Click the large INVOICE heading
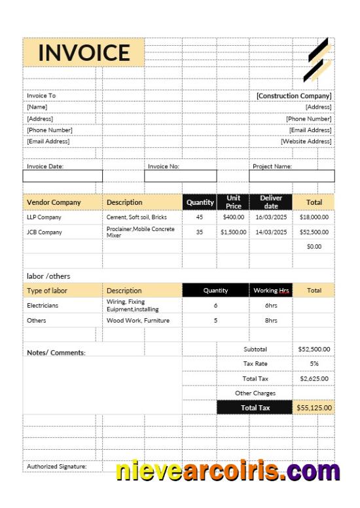[x=84, y=52]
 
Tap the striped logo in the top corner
[x=318, y=60]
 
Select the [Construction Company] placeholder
[x=294, y=96]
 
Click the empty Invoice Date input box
[x=63, y=176]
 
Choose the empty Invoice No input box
[x=181, y=176]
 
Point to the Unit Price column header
[x=234, y=202]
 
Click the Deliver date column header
[x=271, y=202]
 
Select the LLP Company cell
[x=45, y=217]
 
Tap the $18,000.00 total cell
[x=314, y=217]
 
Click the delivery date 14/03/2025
[x=271, y=232]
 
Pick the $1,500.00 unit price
[x=234, y=232]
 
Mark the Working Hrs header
[x=271, y=290]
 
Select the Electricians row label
[x=43, y=305]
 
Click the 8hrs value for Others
[x=271, y=321]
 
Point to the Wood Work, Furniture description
[x=138, y=321]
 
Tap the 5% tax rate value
[x=314, y=363]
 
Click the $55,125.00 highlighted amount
[x=314, y=407]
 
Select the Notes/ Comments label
[x=56, y=353]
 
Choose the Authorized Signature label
[x=56, y=466]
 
